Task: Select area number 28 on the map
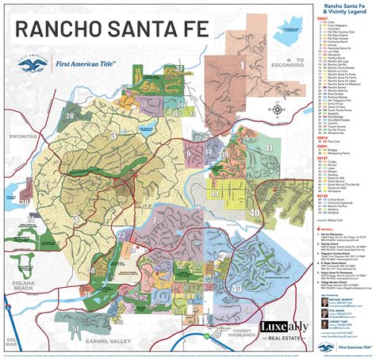pos(70,117)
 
